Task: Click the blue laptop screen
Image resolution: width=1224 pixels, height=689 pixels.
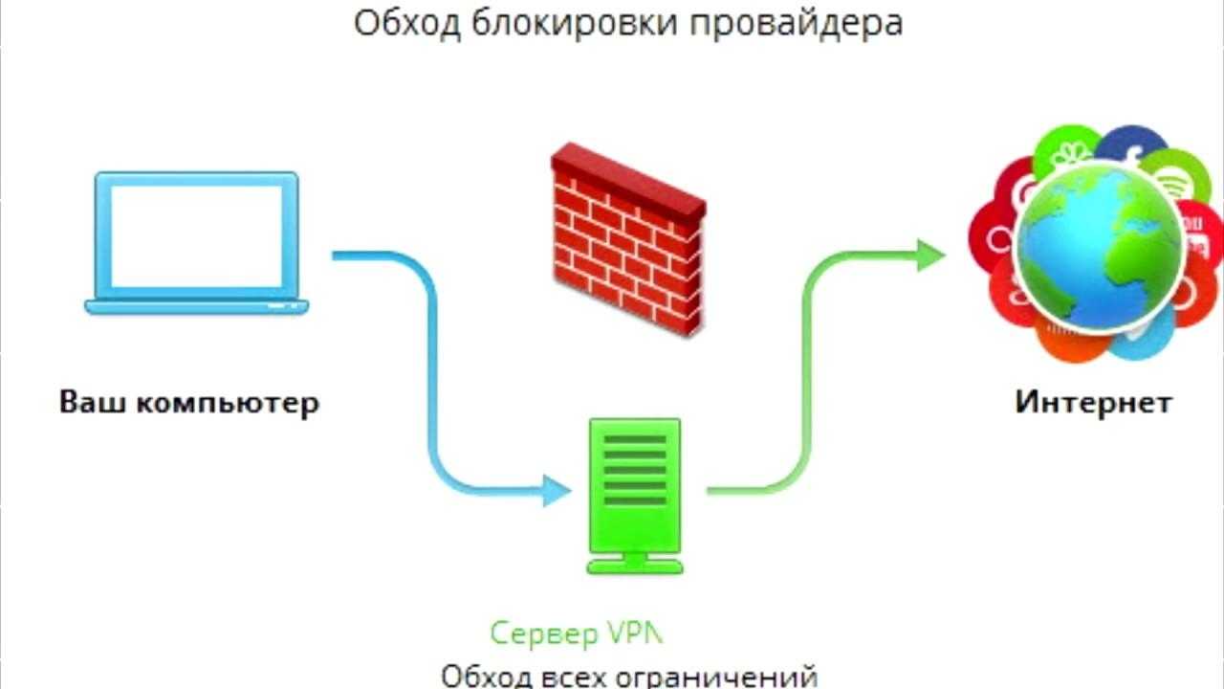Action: click(x=197, y=234)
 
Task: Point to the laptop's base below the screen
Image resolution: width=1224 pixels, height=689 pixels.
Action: click(x=197, y=306)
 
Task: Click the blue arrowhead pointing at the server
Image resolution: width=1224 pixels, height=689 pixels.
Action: click(x=557, y=491)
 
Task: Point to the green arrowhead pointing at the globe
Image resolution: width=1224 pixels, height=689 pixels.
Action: click(x=929, y=256)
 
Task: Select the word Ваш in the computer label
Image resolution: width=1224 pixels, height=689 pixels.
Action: click(x=92, y=401)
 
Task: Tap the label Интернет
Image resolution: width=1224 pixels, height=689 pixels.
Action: click(x=1093, y=401)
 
